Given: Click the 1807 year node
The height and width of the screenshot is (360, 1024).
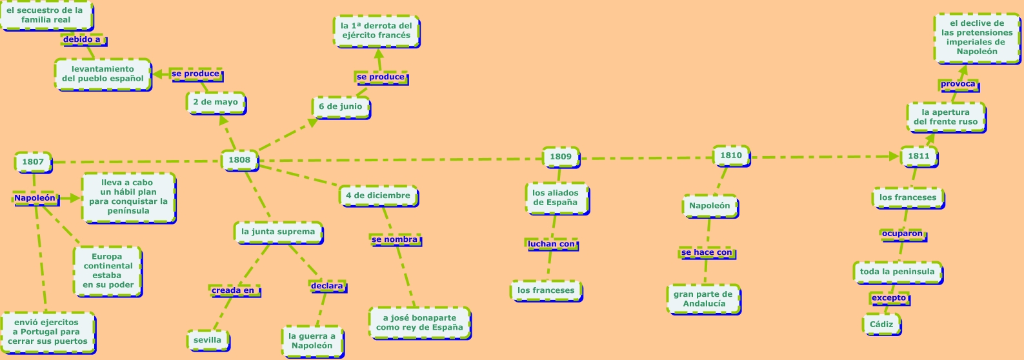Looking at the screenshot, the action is [33, 162].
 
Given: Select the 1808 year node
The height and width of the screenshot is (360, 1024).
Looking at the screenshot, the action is [239, 160].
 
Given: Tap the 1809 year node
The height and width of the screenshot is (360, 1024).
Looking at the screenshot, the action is [561, 156].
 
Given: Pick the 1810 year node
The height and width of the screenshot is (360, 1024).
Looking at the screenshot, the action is [731, 155].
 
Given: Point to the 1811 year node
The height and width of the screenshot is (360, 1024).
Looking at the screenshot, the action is [918, 156].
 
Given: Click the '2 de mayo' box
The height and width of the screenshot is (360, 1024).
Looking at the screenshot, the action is [216, 102].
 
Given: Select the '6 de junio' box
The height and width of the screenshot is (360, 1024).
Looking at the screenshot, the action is [341, 106].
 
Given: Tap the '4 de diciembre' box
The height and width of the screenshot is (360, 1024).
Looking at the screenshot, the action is [378, 195].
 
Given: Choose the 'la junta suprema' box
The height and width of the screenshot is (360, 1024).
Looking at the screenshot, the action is [278, 232].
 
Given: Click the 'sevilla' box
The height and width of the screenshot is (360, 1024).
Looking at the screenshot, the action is [207, 340].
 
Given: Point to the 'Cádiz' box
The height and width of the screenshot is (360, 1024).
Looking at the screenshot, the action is [881, 324].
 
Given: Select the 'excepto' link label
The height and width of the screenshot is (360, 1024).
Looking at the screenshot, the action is [889, 298].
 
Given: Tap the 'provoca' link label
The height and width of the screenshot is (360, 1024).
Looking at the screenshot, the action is [958, 84].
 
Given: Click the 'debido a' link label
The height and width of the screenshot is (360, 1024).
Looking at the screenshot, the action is [82, 39].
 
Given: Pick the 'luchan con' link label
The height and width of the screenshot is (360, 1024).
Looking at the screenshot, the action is [551, 244].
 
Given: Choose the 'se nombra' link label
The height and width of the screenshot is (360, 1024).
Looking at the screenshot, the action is [395, 239].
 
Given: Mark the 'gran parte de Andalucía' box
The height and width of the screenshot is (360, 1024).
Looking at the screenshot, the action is [703, 299].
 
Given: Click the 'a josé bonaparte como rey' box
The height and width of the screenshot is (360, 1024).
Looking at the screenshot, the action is [419, 323].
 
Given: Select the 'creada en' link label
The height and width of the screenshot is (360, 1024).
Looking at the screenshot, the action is [233, 290].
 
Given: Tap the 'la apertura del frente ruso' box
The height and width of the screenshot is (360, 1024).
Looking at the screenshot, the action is [945, 117].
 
